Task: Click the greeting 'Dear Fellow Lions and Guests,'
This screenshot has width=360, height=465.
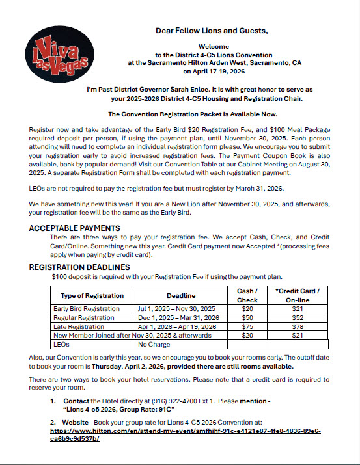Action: click(x=211, y=31)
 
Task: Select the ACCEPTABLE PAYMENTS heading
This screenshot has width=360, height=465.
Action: click(x=74, y=228)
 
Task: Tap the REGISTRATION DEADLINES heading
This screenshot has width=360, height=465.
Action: click(x=79, y=267)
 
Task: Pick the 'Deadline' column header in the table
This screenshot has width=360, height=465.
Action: click(x=176, y=295)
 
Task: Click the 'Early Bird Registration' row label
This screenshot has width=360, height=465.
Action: click(x=87, y=308)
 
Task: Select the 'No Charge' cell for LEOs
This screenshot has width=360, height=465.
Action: click(x=154, y=345)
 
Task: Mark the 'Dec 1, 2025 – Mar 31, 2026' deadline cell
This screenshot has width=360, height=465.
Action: click(x=176, y=317)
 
